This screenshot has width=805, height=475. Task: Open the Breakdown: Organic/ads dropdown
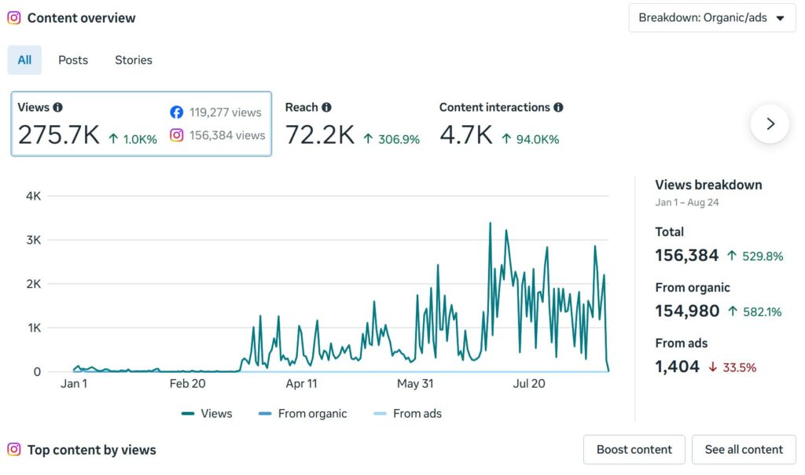click(712, 18)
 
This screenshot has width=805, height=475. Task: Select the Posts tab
click(73, 60)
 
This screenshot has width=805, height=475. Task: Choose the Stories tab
click(134, 60)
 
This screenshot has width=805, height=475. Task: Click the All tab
click(24, 60)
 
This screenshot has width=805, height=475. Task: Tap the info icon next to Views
click(58, 107)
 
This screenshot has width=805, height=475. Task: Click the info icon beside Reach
click(326, 107)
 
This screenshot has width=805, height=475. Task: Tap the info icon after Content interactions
click(559, 107)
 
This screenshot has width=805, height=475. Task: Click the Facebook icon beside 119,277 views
click(177, 112)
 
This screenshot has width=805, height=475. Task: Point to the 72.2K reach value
click(320, 135)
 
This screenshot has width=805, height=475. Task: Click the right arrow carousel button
click(770, 123)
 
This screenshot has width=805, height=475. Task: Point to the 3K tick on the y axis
click(33, 240)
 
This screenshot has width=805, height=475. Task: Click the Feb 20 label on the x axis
click(187, 384)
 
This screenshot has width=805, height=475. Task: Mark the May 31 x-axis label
click(415, 384)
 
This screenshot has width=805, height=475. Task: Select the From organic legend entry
click(303, 414)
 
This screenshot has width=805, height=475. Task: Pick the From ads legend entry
click(408, 414)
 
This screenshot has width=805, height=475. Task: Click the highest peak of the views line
click(491, 223)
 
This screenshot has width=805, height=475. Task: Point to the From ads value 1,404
click(677, 366)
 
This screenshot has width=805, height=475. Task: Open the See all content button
click(744, 450)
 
